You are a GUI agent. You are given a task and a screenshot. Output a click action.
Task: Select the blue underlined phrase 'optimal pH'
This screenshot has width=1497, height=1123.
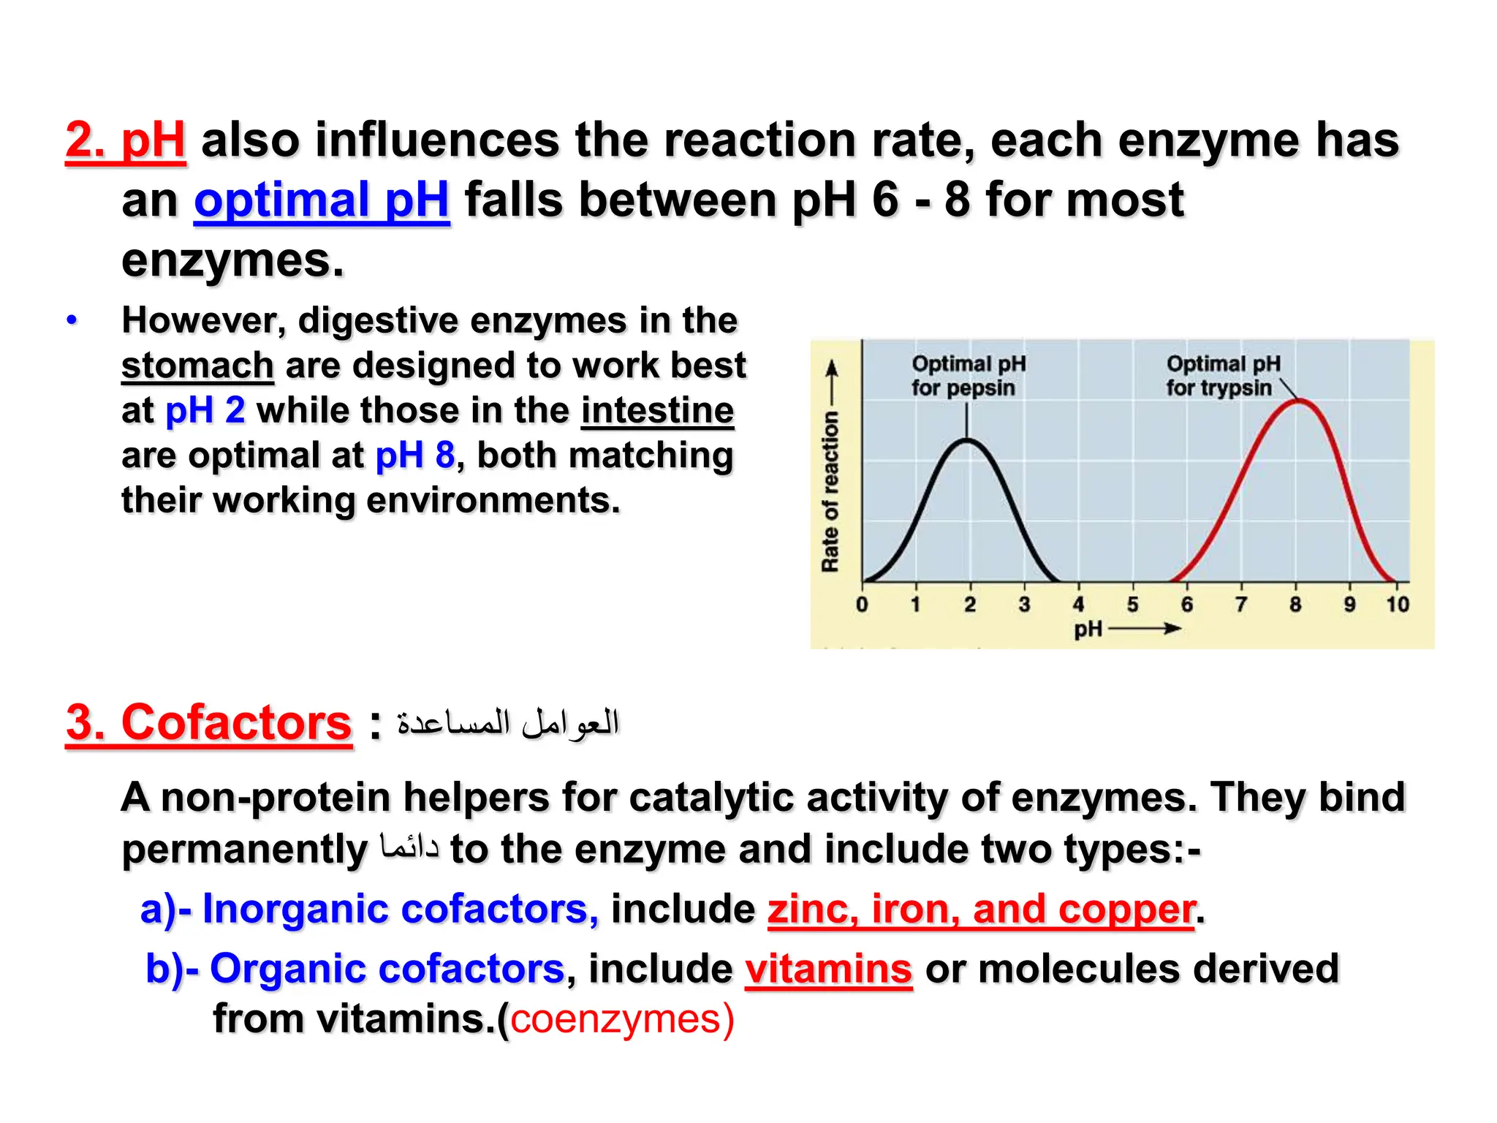pos(321,200)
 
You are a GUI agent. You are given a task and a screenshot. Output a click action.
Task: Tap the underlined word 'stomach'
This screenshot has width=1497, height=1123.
pos(197,366)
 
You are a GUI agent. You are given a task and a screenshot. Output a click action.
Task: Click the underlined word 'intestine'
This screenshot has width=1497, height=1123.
pos(657,410)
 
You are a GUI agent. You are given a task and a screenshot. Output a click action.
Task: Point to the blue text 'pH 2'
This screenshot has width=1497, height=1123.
pos(205,410)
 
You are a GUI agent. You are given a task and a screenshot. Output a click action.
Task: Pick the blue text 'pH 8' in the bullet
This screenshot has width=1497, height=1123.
pos(414,455)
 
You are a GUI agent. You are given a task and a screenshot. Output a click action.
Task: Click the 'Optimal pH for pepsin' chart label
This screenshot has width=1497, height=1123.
pos(968,376)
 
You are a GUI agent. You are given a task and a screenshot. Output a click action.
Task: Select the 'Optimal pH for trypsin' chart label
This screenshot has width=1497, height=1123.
pos(1222,376)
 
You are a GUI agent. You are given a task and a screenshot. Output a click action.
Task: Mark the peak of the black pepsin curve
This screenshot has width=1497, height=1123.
pos(967,440)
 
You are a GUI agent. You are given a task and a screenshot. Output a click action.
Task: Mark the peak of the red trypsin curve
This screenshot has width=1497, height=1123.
pos(1298,401)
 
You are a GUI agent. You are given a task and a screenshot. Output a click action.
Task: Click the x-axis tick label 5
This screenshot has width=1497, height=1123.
pos(1132,605)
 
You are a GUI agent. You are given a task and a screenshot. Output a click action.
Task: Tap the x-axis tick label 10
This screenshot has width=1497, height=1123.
pos(1397,605)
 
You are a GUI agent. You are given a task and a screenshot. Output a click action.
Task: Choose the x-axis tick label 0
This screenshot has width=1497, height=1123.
pos(862,605)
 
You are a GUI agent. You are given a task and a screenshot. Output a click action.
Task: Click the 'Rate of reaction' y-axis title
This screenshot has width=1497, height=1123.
pos(830,491)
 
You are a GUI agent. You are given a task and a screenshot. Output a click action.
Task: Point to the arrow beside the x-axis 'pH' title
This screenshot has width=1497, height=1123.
pos(1145,628)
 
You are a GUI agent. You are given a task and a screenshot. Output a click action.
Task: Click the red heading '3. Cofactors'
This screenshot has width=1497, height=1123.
pos(209,723)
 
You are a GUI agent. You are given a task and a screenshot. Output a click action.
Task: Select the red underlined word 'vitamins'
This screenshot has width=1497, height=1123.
pos(828,969)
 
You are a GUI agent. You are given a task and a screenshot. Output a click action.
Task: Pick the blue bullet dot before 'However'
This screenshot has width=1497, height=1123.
pos(72,320)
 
